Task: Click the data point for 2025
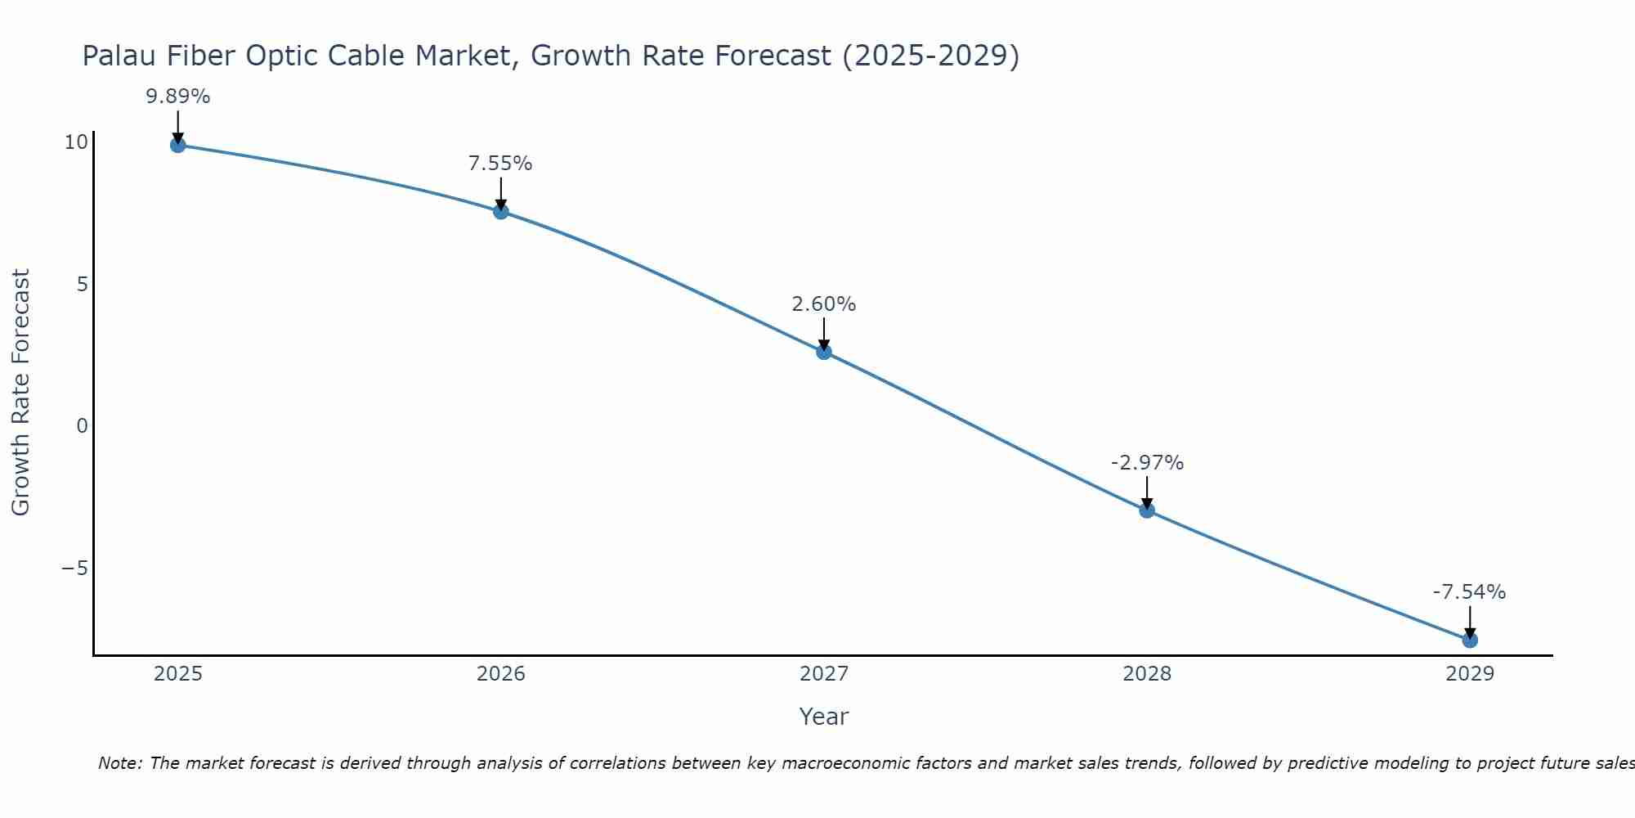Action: coord(177,146)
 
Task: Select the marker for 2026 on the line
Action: coord(500,212)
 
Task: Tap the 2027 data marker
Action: coord(823,352)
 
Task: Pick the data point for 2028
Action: coord(1147,510)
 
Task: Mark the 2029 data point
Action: coord(1469,640)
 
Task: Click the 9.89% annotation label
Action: coord(177,97)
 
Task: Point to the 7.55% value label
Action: coord(500,164)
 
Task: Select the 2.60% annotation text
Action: coord(823,304)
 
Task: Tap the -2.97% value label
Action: coord(1147,463)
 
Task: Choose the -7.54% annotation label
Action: coord(1469,592)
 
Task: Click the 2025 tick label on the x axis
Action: coord(177,674)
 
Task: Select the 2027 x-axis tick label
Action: coord(823,674)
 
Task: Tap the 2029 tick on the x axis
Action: coord(1469,674)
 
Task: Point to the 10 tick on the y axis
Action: coord(75,142)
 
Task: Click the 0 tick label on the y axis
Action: coord(82,426)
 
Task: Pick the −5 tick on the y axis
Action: coord(74,569)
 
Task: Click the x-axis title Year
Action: coord(823,717)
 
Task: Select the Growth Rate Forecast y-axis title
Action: coord(20,393)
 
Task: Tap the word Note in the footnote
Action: coord(119,763)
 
